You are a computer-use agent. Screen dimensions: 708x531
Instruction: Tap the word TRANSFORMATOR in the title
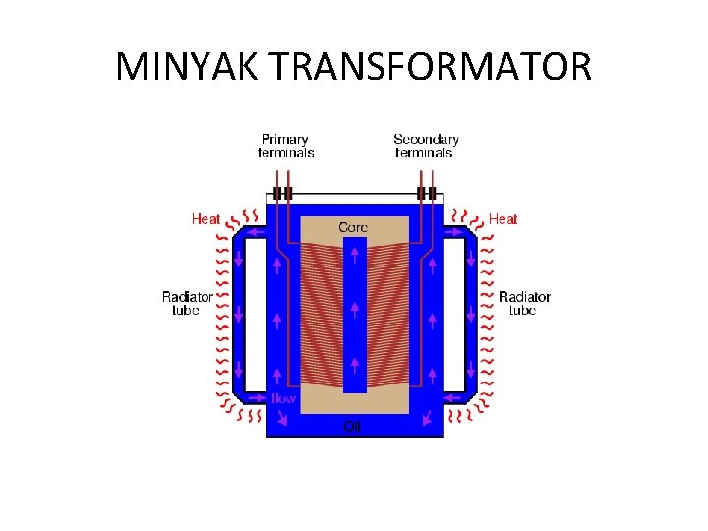430,67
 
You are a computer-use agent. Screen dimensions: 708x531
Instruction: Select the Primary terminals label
285,146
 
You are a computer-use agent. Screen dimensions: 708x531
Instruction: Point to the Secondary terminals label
425,146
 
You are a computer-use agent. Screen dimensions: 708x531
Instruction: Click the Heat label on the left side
206,219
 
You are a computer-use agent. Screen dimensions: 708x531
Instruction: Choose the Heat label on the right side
502,219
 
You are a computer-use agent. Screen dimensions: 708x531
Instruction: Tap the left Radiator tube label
187,303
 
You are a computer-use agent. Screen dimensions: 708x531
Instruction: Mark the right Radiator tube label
524,303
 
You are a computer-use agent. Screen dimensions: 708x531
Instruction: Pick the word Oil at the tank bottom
352,426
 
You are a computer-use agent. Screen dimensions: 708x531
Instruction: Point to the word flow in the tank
283,399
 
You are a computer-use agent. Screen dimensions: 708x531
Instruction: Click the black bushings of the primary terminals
283,193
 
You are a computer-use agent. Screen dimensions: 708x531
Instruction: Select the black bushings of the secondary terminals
426,193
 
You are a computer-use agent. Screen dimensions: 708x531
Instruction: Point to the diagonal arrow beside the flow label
284,418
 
